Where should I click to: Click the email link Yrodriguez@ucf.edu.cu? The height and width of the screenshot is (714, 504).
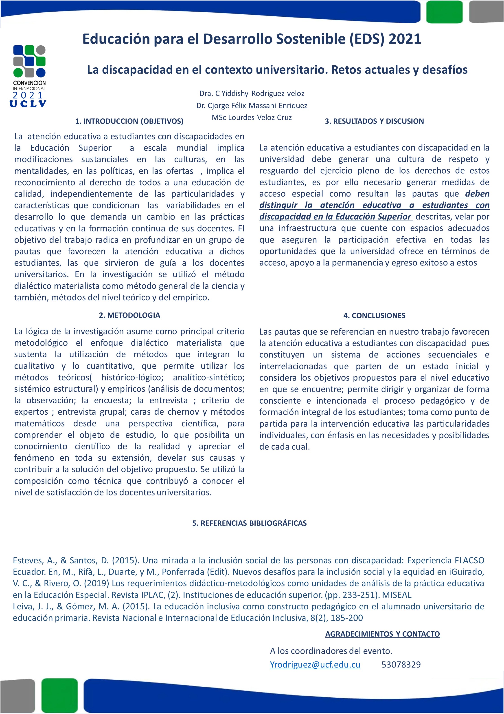click(315, 665)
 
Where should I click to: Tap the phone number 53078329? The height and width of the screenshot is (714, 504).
click(401, 665)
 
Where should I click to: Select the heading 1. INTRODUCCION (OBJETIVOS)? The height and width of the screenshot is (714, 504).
click(129, 121)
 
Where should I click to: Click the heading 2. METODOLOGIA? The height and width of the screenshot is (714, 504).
click(129, 315)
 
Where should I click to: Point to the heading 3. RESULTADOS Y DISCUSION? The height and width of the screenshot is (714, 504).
click(374, 121)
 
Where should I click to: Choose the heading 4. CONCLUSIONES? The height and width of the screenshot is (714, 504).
click(374, 316)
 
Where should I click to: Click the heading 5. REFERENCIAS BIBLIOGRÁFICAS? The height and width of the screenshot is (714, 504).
click(249, 523)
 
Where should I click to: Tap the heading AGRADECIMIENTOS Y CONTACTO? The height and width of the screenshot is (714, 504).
click(382, 634)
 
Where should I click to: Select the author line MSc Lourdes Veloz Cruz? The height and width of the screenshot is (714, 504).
click(252, 117)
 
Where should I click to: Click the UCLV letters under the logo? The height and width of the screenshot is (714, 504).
click(28, 104)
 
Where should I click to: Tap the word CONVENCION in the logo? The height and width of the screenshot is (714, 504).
click(29, 83)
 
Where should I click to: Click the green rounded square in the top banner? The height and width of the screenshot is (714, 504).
click(444, 12)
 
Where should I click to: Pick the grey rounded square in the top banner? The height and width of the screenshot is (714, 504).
click(486, 12)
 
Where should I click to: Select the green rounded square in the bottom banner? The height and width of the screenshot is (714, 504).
click(59, 695)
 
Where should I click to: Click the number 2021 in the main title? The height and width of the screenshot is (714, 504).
click(405, 39)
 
